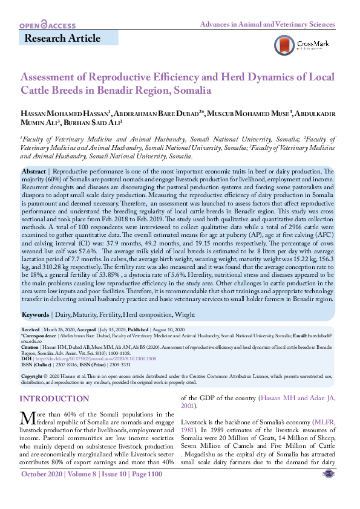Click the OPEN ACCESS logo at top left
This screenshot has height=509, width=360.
[47, 25]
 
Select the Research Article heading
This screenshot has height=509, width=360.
[62, 39]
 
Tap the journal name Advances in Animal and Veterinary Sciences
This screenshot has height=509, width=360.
[267, 25]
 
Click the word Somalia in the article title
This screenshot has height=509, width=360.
[192, 91]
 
